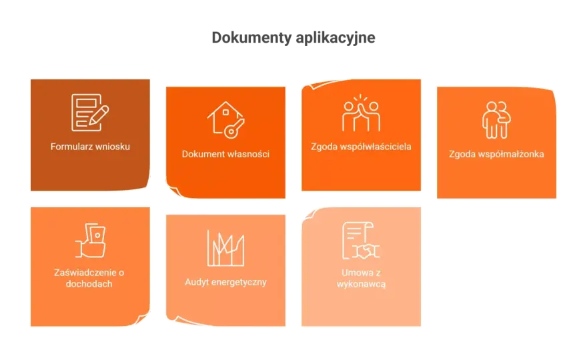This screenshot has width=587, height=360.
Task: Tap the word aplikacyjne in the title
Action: [x=336, y=38]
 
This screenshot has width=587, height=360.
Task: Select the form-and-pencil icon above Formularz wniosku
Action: [x=90, y=112]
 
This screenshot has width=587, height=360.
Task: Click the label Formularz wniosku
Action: [x=90, y=146]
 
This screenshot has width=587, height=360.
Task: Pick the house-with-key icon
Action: [x=225, y=120]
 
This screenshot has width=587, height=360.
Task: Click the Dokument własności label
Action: [x=225, y=154]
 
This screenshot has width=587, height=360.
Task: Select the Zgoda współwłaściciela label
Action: [x=362, y=146]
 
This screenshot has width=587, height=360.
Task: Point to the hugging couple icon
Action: [x=496, y=120]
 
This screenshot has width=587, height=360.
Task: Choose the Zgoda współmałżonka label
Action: [x=496, y=154]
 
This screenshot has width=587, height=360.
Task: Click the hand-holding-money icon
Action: [x=90, y=240]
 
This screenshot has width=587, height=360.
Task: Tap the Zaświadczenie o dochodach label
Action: [x=89, y=278]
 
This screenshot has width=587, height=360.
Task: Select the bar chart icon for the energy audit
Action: [x=225, y=248]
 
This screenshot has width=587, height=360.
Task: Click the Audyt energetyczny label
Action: [x=225, y=282]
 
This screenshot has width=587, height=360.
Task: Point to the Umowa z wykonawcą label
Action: [x=362, y=278]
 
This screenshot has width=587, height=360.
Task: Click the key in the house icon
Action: [x=234, y=129]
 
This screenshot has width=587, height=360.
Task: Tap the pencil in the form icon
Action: [x=99, y=115]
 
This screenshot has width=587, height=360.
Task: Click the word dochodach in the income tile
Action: [x=89, y=283]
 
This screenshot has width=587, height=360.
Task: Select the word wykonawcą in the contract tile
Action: [x=362, y=284]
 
